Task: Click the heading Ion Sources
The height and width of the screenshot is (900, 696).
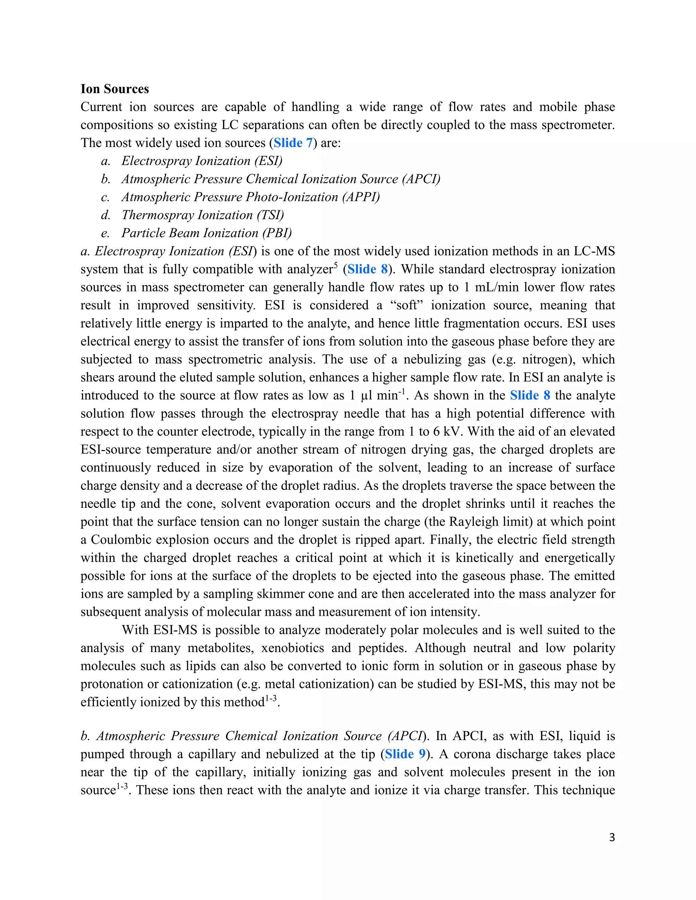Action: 115,89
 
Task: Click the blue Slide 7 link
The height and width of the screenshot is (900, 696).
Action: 293,143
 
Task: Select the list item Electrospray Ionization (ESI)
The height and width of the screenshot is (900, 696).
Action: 202,161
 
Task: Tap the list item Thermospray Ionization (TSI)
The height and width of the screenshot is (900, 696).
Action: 203,215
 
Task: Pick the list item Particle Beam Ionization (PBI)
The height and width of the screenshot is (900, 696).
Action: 206,233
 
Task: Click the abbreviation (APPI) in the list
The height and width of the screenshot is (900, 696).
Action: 361,197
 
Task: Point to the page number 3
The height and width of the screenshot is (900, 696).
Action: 611,838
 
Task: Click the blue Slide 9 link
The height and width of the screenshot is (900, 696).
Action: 405,754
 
